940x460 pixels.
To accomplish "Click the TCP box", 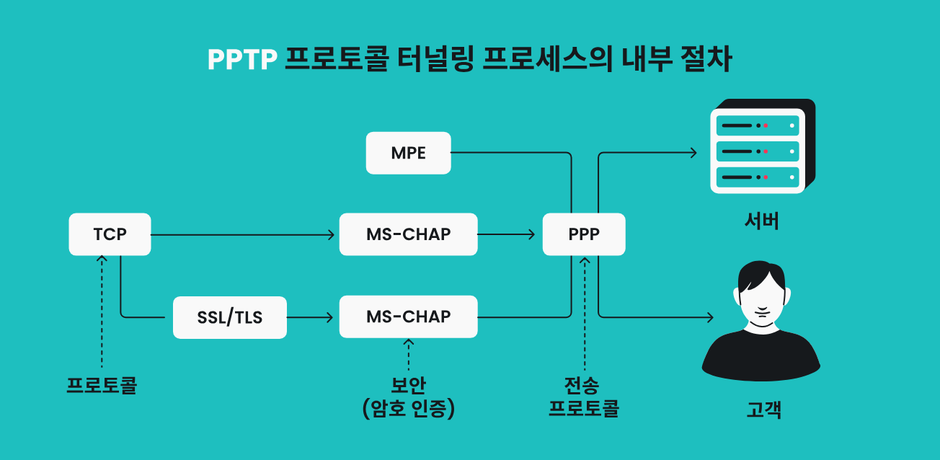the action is click(x=110, y=234).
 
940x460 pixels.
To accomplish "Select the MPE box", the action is click(x=408, y=153).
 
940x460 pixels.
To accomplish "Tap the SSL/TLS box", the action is click(x=230, y=317).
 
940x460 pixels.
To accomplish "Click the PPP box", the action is click(x=584, y=234).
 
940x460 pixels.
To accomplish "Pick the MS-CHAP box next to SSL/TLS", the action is click(x=408, y=317).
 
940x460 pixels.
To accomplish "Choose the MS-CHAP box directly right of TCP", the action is click(x=408, y=234).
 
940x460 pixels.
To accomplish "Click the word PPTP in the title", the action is click(x=242, y=60).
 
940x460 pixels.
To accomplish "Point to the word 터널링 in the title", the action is click(x=435, y=58).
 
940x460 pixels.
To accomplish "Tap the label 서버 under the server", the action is click(x=762, y=221).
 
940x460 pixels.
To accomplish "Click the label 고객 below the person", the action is click(x=763, y=410).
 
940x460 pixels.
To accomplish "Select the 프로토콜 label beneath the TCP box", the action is click(x=102, y=385).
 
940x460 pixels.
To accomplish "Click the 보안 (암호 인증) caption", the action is click(x=408, y=397).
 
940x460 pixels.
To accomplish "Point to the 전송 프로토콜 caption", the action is click(x=584, y=397).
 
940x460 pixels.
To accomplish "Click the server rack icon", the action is click(x=763, y=146).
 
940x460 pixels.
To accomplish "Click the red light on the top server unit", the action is click(x=766, y=125).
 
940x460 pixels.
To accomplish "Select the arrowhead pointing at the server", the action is click(x=693, y=153).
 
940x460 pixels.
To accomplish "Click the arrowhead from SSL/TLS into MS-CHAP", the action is click(x=330, y=317).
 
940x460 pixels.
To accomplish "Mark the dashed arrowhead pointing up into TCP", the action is click(x=102, y=258).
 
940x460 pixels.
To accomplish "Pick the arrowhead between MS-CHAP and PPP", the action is click(x=532, y=234).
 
